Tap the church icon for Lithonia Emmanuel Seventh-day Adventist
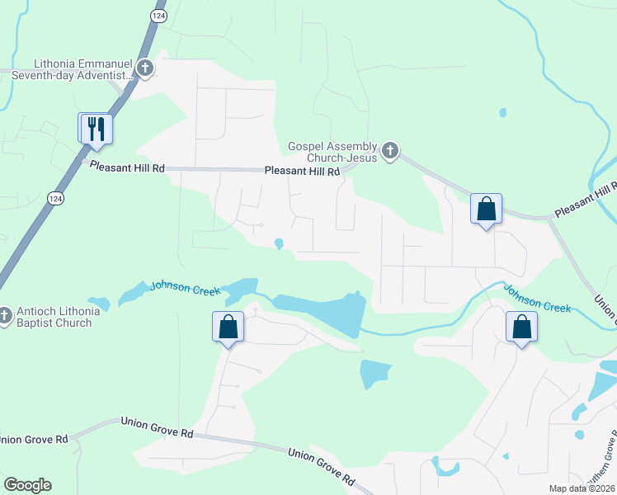(x=145, y=68)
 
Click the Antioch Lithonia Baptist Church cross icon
(x=5, y=315)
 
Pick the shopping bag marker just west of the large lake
(x=228, y=328)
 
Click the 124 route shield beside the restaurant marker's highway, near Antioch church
(x=55, y=199)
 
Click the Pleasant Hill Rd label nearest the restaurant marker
(x=127, y=167)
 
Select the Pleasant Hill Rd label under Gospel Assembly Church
(x=302, y=172)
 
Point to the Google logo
(x=27, y=485)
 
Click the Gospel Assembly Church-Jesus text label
(x=332, y=152)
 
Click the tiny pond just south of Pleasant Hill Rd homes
(x=280, y=243)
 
